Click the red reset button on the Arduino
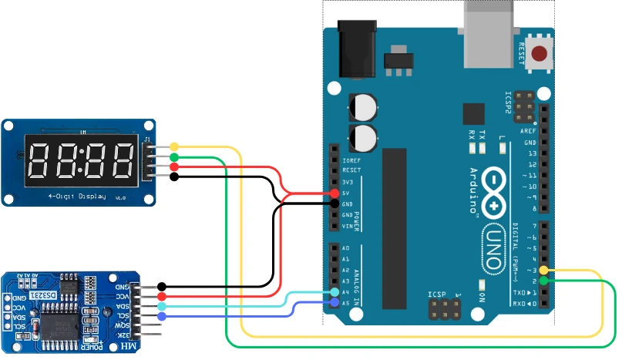click(540, 53)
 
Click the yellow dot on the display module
click(174, 146)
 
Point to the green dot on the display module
click(174, 157)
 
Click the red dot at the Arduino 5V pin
click(334, 193)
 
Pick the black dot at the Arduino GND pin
click(334, 204)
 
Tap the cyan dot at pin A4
click(334, 293)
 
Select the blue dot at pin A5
click(334, 304)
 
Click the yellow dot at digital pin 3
click(544, 271)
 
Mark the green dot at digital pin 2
click(544, 281)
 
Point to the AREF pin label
click(530, 132)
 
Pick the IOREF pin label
click(351, 160)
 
